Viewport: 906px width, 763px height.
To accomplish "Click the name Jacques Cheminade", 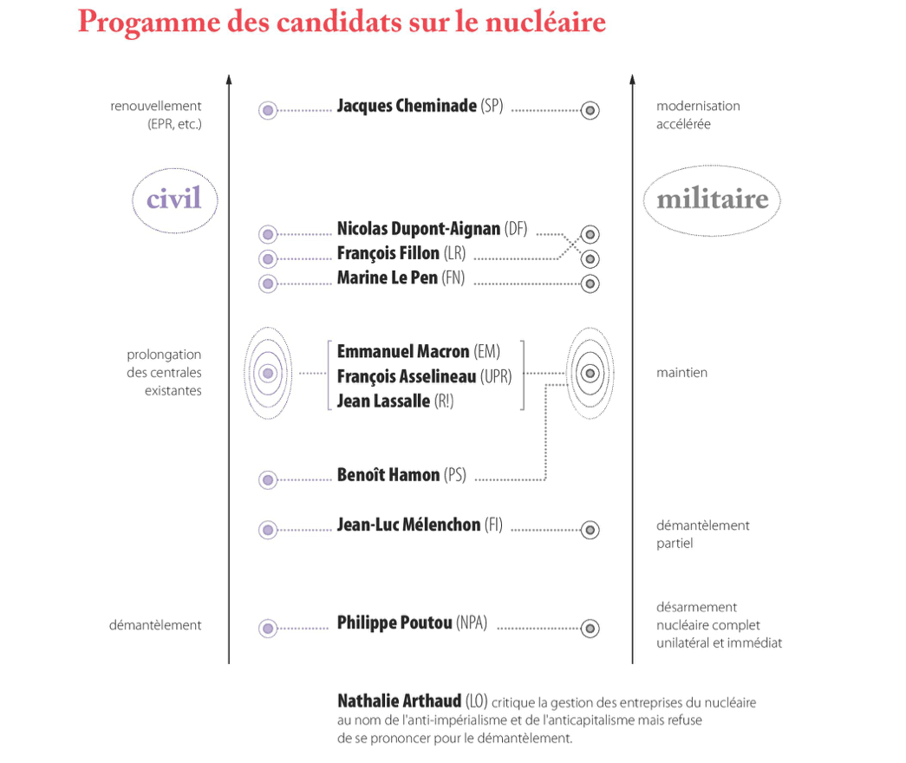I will tap(406, 107).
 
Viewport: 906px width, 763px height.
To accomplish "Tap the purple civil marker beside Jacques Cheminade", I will tap(268, 110).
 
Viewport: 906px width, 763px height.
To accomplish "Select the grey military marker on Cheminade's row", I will tap(590, 110).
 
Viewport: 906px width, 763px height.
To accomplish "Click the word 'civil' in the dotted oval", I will tap(173, 199).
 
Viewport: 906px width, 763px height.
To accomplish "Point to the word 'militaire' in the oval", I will tap(713, 199).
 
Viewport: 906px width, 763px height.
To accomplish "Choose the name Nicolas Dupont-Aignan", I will tap(419, 229).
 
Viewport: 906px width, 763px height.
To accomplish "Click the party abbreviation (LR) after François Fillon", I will tap(454, 254).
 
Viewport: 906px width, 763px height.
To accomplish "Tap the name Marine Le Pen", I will tap(387, 278).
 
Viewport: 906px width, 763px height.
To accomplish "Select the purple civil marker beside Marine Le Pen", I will tap(268, 283).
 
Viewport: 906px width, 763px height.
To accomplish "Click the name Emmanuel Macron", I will tap(403, 351).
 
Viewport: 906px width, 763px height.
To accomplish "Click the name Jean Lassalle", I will tap(383, 401).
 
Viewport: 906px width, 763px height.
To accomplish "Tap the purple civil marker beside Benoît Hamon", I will tap(268, 479).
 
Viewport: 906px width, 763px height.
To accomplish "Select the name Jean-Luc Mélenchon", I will tap(408, 525).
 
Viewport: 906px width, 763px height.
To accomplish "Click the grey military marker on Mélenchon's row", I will tap(590, 529).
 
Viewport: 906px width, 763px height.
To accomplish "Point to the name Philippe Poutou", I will tap(394, 623).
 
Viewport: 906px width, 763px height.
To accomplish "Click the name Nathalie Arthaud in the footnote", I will tap(399, 701).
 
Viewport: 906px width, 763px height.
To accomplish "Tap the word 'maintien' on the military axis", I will tap(681, 373).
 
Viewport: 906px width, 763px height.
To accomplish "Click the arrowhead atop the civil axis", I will tap(229, 80).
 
